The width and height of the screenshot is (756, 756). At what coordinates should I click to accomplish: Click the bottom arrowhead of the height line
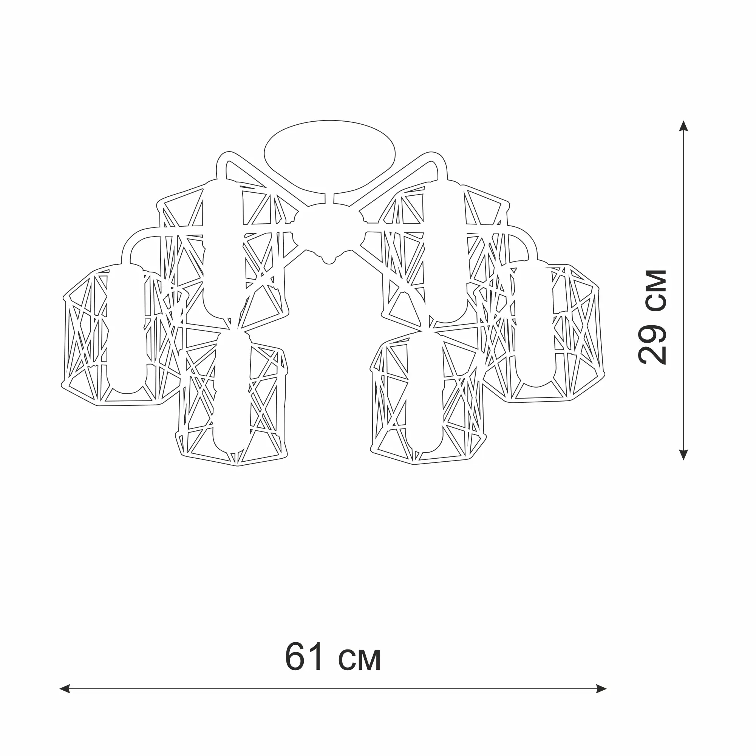(683, 454)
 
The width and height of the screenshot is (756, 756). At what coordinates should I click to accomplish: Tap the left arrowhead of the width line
(65, 700)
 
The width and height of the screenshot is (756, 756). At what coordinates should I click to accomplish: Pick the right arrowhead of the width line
(601, 700)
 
